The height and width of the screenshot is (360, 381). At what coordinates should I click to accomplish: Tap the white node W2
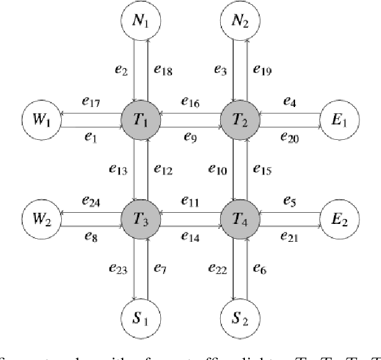coord(42,218)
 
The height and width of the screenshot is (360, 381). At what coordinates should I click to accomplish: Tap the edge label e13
coord(116,169)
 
